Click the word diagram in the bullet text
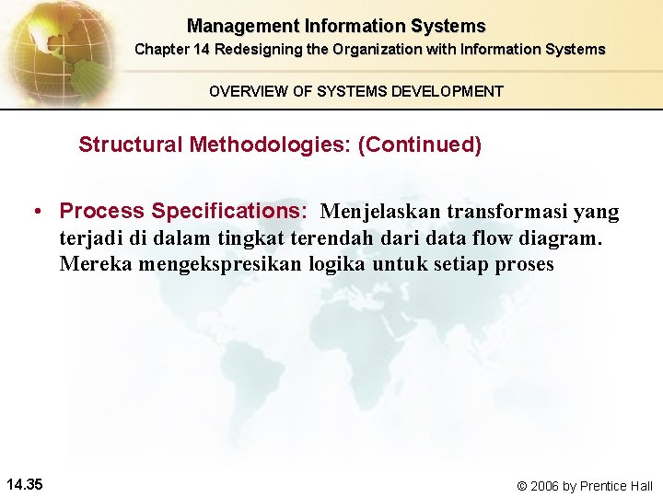pyautogui.click(x=558, y=238)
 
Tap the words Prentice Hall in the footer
pyautogui.click(x=616, y=485)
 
